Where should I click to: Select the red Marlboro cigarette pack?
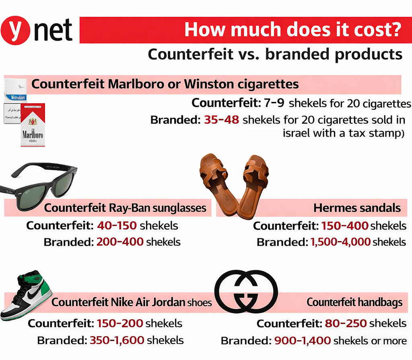[33, 125]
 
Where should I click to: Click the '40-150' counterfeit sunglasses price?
[117, 225]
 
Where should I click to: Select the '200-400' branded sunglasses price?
[119, 242]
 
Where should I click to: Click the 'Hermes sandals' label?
[357, 208]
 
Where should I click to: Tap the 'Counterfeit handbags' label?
[354, 303]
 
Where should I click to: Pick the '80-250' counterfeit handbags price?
[344, 323]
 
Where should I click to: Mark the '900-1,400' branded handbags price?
[302, 341]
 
